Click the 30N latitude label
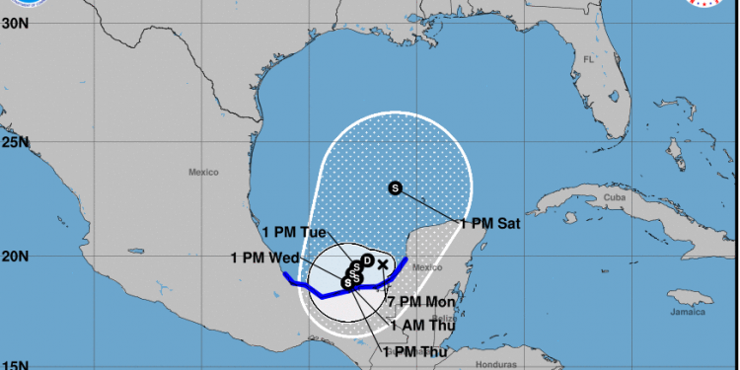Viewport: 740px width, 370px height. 14,23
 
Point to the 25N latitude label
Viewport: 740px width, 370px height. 14,142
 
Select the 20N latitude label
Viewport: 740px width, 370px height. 14,258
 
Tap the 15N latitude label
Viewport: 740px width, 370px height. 14,364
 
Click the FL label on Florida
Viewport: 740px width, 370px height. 590,59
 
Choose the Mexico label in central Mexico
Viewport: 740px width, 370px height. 202,172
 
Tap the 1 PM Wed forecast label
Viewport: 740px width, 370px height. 264,259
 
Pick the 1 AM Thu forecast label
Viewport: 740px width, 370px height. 423,325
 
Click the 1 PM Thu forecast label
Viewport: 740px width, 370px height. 415,350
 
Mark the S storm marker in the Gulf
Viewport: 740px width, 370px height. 396,187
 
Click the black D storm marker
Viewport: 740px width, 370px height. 367,260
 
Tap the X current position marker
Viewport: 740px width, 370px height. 383,263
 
